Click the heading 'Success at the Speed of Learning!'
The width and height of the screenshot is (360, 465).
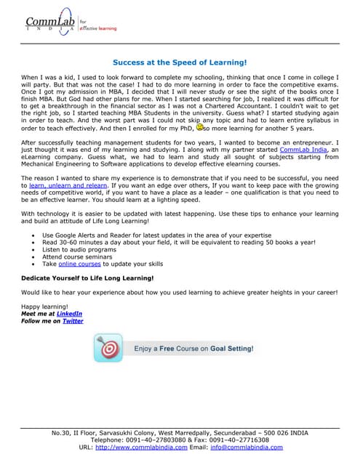pyautogui.click(x=180, y=63)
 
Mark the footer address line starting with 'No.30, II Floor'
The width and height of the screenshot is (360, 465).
pyautogui.click(x=180, y=433)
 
